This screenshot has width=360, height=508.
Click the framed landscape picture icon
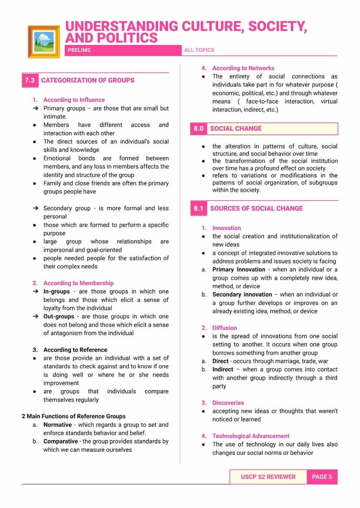click(43, 41)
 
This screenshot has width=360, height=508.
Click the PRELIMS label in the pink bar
click(79, 50)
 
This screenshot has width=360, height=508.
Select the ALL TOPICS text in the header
click(199, 50)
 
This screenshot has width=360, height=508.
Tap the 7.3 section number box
click(30, 80)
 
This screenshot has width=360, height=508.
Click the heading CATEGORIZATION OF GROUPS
click(88, 80)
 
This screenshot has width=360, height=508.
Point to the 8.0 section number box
click(199, 129)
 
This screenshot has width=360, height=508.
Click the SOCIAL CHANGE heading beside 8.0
click(236, 129)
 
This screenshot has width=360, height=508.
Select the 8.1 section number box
click(199, 209)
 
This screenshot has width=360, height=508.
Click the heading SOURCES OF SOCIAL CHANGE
click(257, 209)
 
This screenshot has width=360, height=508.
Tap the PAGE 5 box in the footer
click(322, 477)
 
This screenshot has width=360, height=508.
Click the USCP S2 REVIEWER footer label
click(268, 477)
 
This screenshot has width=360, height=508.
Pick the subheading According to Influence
click(74, 100)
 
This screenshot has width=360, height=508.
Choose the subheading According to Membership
click(78, 283)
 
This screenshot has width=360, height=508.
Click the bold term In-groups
click(57, 292)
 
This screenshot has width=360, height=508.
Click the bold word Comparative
click(61, 442)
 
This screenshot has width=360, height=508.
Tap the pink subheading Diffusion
click(225, 328)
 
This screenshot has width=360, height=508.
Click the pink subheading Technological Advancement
click(251, 436)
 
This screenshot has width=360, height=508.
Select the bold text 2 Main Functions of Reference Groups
click(73, 416)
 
